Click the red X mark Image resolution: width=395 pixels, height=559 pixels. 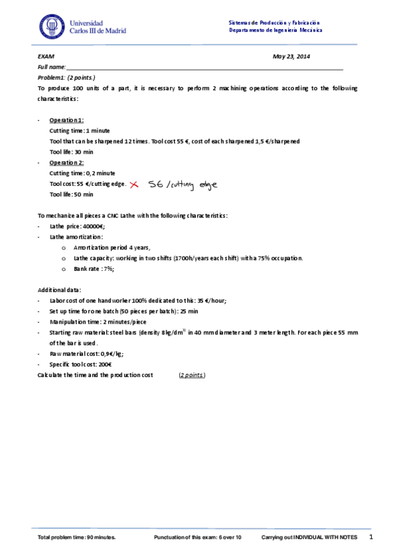[135, 185]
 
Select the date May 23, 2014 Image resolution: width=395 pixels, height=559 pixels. [291, 57]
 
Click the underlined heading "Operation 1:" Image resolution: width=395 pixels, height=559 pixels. [67, 121]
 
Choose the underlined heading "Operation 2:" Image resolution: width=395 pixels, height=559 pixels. [67, 162]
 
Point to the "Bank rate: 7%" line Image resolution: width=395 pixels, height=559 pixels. [94, 269]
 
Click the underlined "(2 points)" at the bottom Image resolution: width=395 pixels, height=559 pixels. [192, 375]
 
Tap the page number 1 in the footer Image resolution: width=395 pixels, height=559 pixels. [371, 537]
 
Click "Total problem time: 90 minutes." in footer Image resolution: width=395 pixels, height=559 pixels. [77, 538]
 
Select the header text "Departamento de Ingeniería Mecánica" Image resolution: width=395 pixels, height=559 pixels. [275, 30]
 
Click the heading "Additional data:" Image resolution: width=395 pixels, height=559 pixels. [59, 290]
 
